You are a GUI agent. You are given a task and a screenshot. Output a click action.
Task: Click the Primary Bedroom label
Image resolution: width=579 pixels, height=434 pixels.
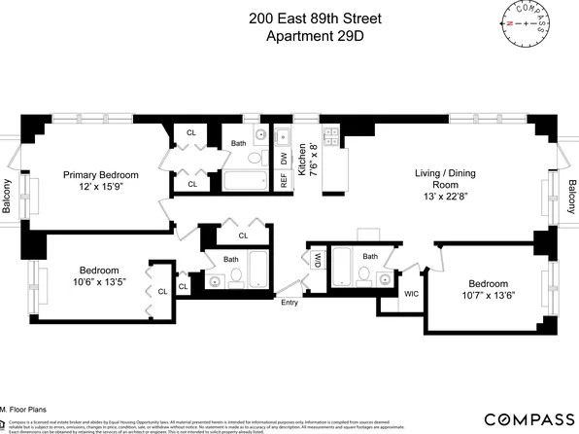[x=101, y=175]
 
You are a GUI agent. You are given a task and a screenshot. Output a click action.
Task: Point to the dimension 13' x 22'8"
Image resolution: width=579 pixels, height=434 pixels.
[x=442, y=199]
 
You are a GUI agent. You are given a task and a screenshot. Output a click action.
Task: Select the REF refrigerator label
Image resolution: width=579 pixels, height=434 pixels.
[x=284, y=181]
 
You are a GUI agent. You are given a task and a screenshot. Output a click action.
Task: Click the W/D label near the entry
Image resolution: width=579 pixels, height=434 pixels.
[x=317, y=260]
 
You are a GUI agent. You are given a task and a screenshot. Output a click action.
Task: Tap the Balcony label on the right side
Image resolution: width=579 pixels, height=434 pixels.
[x=571, y=199]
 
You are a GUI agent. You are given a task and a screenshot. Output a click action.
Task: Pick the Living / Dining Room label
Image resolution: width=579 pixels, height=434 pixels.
[x=442, y=180]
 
